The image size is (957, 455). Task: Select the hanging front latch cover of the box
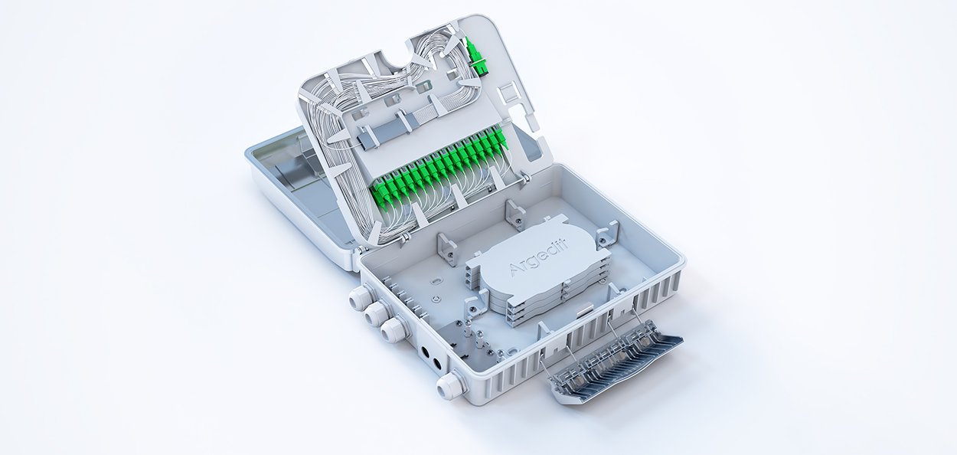click(x=616, y=367)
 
